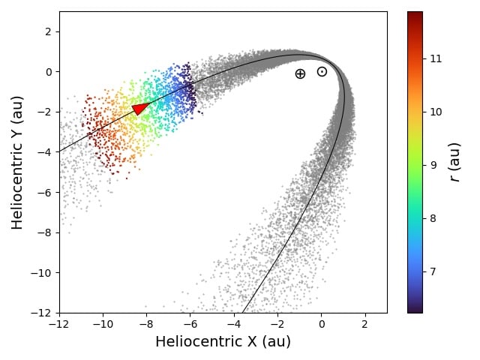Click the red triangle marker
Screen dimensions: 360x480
coord(140,108)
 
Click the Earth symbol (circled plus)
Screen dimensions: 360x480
coord(300,73)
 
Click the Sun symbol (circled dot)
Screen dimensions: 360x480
coord(322,72)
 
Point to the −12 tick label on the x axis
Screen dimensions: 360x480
coord(59,325)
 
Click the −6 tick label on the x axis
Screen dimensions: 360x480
coord(190,325)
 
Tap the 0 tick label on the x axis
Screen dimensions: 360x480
coord(322,325)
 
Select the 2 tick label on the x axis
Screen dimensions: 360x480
coord(365,325)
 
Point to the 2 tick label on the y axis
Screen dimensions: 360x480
coord(47,31)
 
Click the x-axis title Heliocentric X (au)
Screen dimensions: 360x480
coord(223,342)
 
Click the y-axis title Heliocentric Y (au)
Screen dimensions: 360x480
coord(17,162)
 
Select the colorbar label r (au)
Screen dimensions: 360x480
coord(454,162)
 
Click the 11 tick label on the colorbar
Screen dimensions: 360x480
coord(436,58)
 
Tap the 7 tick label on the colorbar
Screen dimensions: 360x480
coord(433,271)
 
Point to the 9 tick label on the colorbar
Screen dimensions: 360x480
coord(433,165)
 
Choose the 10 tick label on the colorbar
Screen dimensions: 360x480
coord(436,112)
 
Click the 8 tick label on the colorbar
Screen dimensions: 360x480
coord(433,218)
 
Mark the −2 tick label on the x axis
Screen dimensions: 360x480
coord(277,325)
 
